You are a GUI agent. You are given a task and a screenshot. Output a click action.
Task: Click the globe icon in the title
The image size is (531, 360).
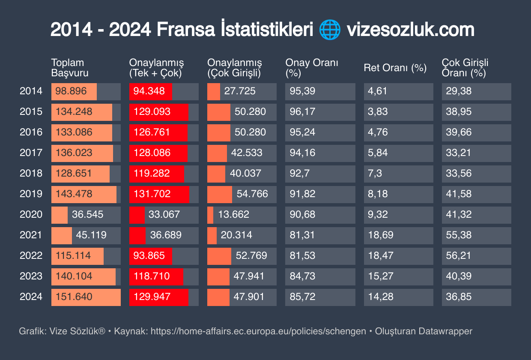[330, 30]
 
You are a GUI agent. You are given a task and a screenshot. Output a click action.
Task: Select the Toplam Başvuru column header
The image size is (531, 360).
[70, 68]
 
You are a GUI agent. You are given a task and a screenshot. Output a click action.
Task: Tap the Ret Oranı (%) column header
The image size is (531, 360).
[395, 68]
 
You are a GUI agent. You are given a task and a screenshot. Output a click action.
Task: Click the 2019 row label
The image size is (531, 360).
[31, 194]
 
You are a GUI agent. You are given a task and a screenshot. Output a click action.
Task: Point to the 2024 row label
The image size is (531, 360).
[31, 297]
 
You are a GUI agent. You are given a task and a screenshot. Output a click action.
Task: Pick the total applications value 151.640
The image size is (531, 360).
[74, 297]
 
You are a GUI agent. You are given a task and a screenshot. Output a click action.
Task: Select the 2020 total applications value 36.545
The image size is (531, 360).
[87, 214]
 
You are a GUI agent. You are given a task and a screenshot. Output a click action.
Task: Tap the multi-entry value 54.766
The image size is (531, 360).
[252, 194]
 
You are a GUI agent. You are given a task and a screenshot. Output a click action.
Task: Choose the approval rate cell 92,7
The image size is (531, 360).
[296, 173]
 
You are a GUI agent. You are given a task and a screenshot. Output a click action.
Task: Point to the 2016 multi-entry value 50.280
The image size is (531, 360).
[250, 132]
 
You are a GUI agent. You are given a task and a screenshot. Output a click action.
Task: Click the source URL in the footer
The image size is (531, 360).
[258, 331]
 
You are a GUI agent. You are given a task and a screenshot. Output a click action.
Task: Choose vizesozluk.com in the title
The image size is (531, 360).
[410, 30]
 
